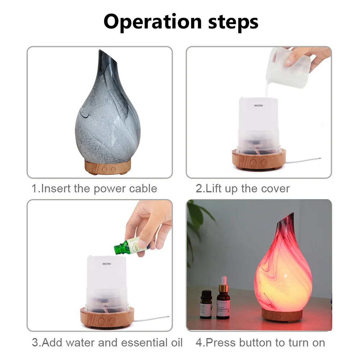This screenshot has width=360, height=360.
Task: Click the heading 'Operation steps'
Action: pyautogui.click(x=181, y=22)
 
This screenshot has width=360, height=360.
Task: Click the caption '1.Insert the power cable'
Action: pyautogui.click(x=94, y=188)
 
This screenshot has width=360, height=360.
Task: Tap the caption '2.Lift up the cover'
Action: pyautogui.click(x=242, y=188)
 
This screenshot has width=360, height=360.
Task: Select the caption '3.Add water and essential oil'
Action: pyautogui.click(x=107, y=342)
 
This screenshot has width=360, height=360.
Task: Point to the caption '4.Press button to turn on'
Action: pyautogui.click(x=260, y=342)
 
